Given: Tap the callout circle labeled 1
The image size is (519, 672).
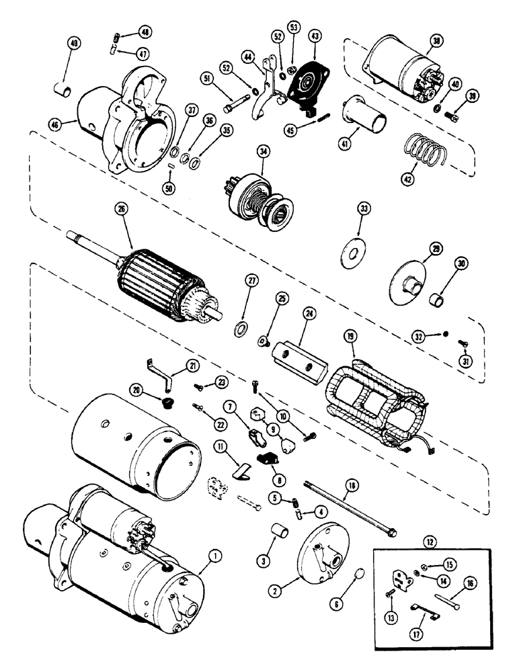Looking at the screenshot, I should pyautogui.click(x=214, y=556).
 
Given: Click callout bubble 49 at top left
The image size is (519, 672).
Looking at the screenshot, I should pyautogui.click(x=73, y=45).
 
